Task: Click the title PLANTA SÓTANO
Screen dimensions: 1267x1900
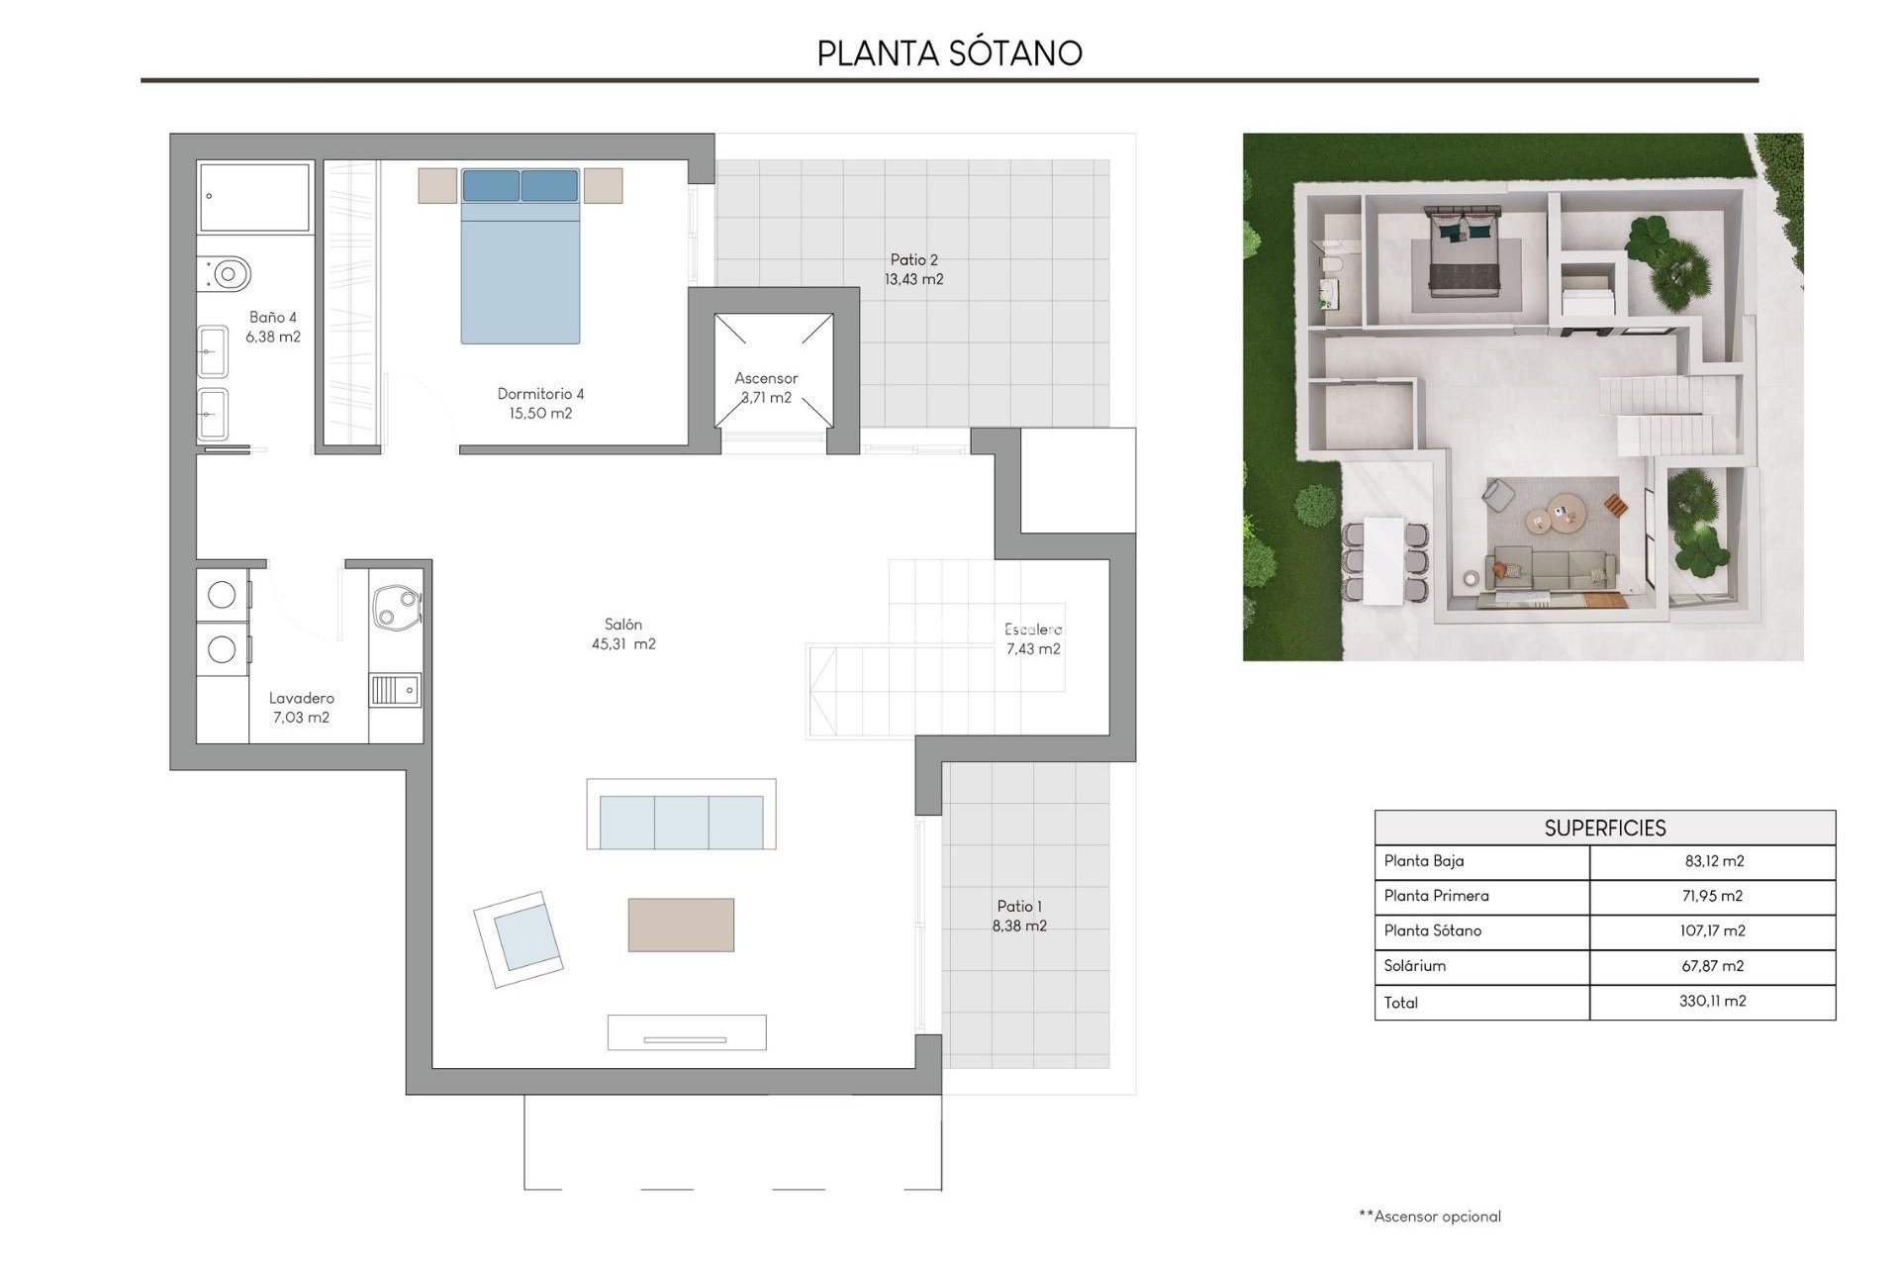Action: pos(949,52)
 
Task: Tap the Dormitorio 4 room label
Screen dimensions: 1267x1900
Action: pos(540,394)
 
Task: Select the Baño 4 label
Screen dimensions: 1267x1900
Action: pos(273,318)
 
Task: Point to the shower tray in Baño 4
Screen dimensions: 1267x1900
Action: pos(254,197)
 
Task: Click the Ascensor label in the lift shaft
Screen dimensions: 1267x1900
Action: pos(766,378)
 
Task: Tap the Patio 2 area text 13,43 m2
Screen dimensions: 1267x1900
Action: pos(913,280)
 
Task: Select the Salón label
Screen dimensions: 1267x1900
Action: pos(623,625)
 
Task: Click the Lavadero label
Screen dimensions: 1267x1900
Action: pos(301,699)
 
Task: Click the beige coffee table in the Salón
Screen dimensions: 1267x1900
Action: pos(681,925)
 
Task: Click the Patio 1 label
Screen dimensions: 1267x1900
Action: pos(1018,907)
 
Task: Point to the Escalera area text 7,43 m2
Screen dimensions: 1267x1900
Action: pos(1033,649)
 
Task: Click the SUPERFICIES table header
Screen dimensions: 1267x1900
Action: pos(1604,828)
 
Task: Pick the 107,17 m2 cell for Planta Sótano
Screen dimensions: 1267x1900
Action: pos(1713,931)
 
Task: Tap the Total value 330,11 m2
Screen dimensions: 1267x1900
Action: pos(1713,1002)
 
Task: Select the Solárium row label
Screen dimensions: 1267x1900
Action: pos(1415,966)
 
